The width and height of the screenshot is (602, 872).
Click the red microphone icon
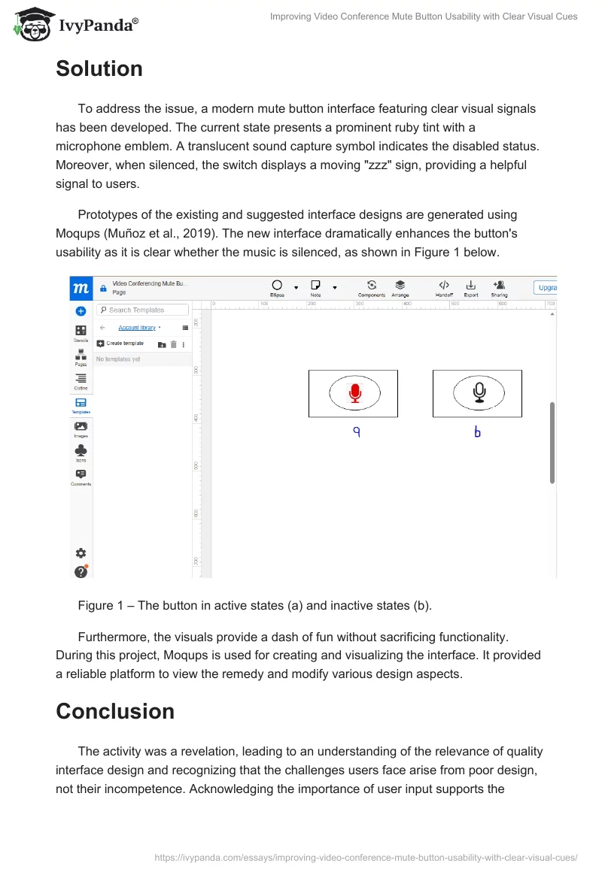[x=355, y=392]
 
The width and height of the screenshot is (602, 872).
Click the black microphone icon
[x=479, y=392]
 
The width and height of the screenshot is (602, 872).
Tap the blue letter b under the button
[x=477, y=432]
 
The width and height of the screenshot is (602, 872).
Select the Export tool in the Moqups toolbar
[x=471, y=288]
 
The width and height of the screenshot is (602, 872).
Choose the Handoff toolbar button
[x=444, y=288]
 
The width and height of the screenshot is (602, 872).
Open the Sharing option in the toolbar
[x=499, y=288]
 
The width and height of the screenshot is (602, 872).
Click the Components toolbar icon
[x=372, y=288]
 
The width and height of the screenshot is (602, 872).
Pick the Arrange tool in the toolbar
[x=400, y=288]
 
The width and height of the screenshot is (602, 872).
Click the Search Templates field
[x=142, y=310]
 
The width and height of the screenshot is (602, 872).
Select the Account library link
[x=137, y=328]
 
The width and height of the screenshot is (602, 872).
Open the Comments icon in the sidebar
[x=81, y=476]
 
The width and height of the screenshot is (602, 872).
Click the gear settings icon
[x=81, y=553]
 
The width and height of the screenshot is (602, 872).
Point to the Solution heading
[x=99, y=69]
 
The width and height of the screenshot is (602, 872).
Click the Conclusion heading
[x=115, y=711]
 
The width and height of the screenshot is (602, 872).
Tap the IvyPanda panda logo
[x=32, y=24]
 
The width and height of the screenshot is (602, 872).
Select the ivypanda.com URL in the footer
[x=366, y=857]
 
